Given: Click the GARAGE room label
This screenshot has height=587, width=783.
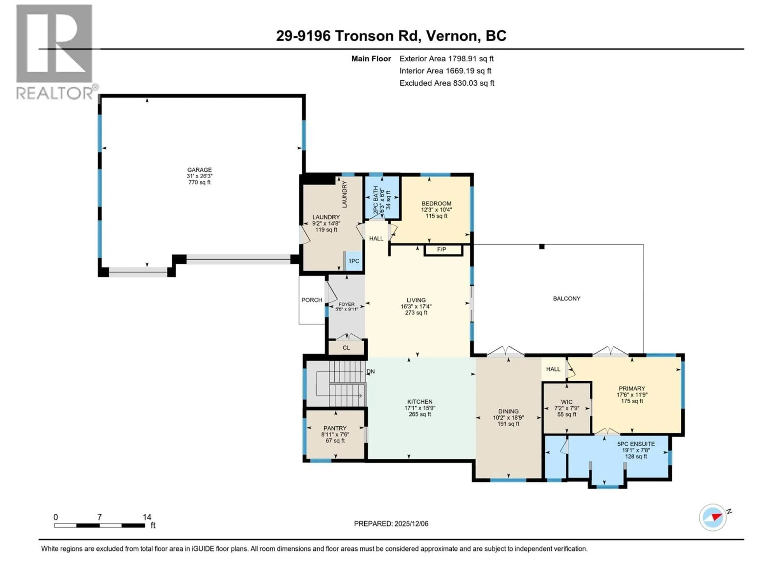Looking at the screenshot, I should tap(199, 170).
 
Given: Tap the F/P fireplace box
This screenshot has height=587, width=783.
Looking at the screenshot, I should tap(443, 250).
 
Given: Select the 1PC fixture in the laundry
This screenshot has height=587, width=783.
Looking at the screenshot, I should tap(354, 261).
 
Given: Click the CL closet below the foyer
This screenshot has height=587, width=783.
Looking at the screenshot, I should tap(346, 348).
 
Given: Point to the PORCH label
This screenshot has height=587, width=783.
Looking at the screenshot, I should tap(312, 300).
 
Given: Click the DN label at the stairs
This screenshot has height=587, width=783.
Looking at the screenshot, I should tap(371, 372).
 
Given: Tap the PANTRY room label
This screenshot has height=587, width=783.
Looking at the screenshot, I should tap(335, 428).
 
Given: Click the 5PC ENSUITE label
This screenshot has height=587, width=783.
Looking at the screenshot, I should tap(636, 444).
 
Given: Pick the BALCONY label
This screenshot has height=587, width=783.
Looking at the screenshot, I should tap(566, 299).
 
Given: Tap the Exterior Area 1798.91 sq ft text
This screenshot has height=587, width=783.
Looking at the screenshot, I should tap(446, 59).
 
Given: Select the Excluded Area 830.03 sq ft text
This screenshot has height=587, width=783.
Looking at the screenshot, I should tap(447, 83).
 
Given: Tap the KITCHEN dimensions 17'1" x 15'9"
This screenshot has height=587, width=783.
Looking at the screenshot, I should tap(420, 408).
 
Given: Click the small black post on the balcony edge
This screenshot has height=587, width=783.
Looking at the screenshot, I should tap(542, 247).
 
